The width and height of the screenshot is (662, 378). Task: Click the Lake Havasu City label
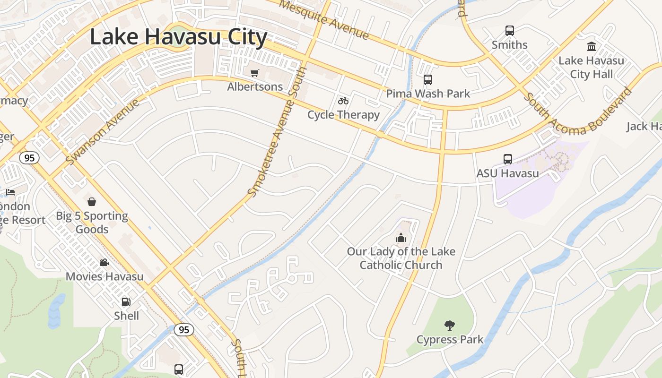(x=179, y=37)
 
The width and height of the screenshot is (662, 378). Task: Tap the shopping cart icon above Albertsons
(x=255, y=73)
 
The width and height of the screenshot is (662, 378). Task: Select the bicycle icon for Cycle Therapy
(x=343, y=101)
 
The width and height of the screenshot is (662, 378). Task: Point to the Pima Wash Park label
(x=428, y=94)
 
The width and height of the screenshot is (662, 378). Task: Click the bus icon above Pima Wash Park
(x=428, y=80)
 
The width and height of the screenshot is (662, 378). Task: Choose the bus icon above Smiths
(x=509, y=31)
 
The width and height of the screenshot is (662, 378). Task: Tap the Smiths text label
(x=509, y=45)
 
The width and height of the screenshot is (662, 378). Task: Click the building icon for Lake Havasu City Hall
(x=591, y=47)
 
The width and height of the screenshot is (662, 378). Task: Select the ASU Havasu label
(x=507, y=173)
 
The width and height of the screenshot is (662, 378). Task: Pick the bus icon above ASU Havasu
(x=508, y=159)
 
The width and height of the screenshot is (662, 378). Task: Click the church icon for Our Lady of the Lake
(x=401, y=238)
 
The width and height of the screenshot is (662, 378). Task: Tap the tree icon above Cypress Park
(x=450, y=325)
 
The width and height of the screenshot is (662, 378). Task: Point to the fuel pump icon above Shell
(x=126, y=301)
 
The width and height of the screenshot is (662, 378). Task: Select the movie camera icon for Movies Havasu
(x=104, y=262)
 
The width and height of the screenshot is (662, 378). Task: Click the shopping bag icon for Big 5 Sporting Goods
(x=92, y=202)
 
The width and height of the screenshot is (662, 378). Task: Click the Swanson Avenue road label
(x=103, y=132)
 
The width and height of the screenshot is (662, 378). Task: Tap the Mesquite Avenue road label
(x=324, y=20)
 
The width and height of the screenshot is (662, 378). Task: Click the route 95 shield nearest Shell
(x=183, y=330)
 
